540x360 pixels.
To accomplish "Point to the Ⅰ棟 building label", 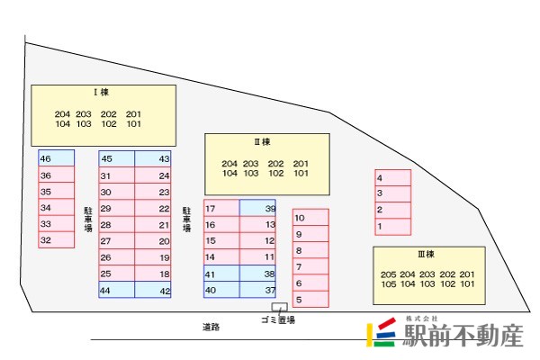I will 101,92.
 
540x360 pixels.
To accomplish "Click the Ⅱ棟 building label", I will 262,141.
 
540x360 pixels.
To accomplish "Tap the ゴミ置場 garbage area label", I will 278,319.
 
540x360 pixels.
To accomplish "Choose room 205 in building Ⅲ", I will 388,274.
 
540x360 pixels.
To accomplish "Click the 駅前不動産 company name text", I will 462,337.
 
